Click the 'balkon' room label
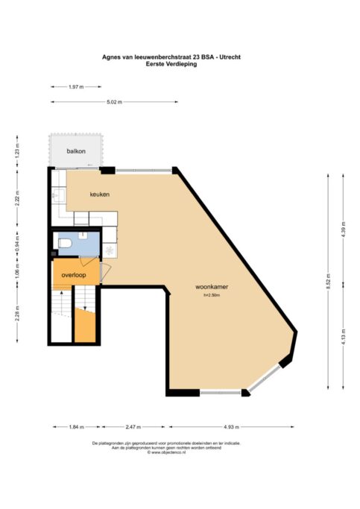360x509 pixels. [76, 151]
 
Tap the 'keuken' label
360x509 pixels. [100, 195]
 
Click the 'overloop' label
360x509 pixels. [75, 274]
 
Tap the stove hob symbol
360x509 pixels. [111, 250]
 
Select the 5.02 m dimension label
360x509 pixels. [114, 102]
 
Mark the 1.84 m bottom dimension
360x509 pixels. [75, 427]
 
